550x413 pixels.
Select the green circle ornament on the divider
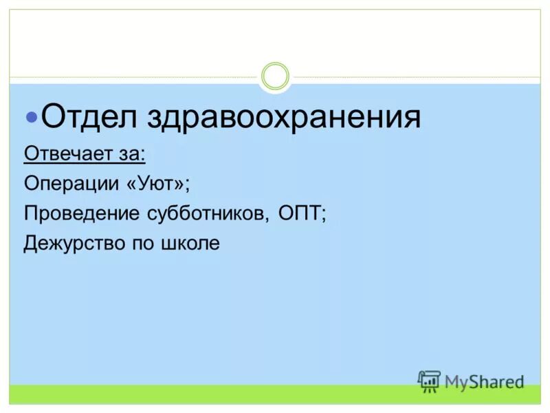276,76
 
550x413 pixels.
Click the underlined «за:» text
129,152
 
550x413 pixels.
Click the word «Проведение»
80,213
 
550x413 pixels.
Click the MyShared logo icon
429,381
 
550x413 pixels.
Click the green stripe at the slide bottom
275,394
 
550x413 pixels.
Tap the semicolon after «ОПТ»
324,215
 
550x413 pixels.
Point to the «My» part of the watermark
456,381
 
